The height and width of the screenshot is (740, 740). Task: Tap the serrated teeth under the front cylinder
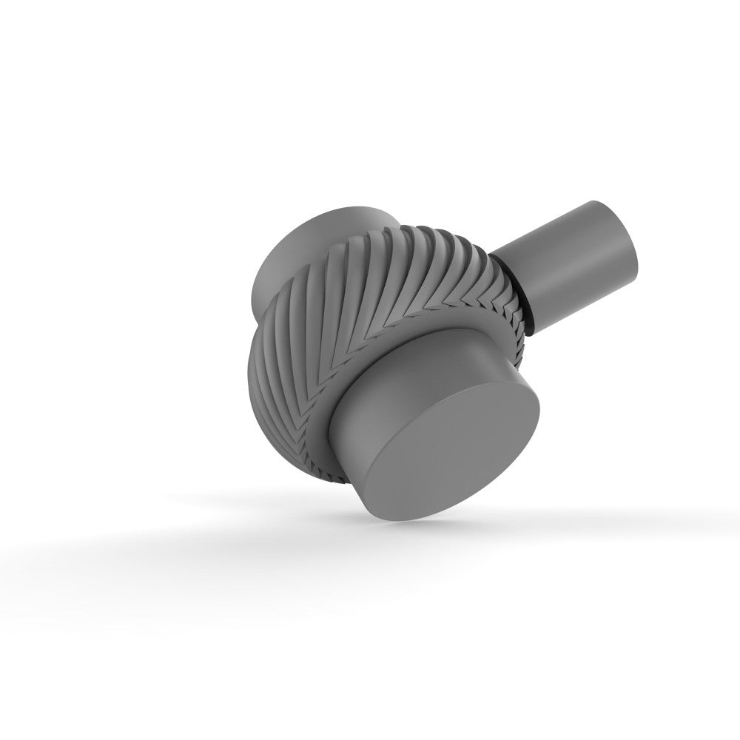click(x=337, y=451)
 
